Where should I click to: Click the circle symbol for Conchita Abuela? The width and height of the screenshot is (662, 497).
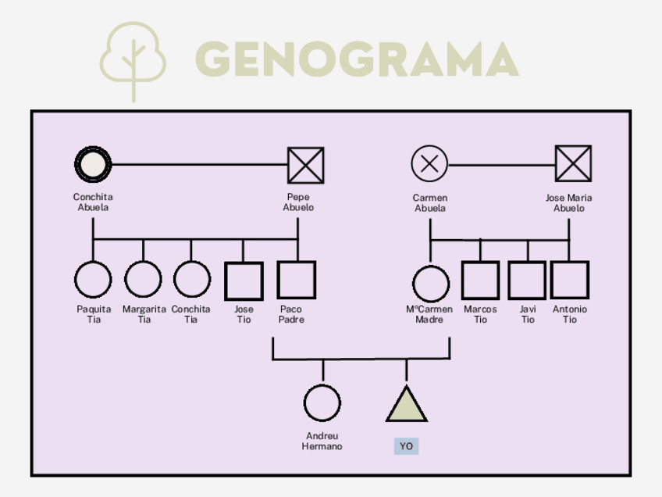click(x=93, y=165)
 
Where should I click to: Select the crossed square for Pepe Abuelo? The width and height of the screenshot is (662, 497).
click(x=305, y=166)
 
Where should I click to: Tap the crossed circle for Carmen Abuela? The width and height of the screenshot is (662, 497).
click(x=429, y=164)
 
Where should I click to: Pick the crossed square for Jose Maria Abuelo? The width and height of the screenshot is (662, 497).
click(x=573, y=164)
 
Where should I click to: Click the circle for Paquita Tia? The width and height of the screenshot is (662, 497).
click(x=93, y=281)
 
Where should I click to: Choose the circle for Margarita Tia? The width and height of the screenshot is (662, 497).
click(x=143, y=280)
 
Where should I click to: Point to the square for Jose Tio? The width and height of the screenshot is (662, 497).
click(x=244, y=281)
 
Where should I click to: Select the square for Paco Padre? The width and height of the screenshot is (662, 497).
click(x=297, y=281)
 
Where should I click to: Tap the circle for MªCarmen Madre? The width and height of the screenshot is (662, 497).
click(x=430, y=283)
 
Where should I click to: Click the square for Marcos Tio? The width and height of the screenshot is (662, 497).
click(x=480, y=281)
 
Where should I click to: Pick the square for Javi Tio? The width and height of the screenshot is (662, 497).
click(x=527, y=281)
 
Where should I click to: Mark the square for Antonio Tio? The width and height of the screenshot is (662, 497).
click(x=569, y=281)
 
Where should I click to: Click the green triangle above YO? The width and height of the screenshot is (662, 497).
click(x=406, y=405)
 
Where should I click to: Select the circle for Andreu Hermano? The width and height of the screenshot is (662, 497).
click(x=322, y=403)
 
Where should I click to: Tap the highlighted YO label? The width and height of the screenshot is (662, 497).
click(x=406, y=446)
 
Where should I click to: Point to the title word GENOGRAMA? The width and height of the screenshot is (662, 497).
click(x=356, y=59)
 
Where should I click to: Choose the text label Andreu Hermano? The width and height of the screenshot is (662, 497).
click(x=322, y=441)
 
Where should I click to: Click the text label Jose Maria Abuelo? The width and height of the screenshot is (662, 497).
click(x=568, y=203)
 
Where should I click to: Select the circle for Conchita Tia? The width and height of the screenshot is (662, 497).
click(x=191, y=280)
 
